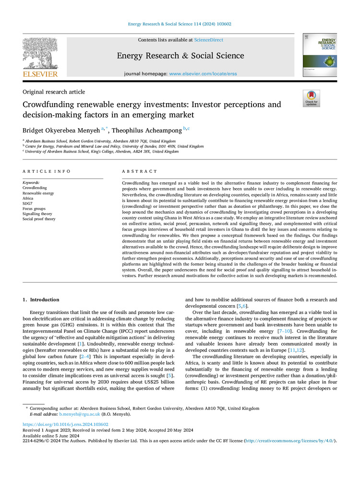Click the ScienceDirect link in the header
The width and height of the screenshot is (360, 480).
pyautogui.click(x=209, y=40)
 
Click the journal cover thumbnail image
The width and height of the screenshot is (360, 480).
pyautogui.click(x=320, y=56)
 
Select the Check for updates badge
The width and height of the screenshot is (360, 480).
pyautogui.click(x=311, y=98)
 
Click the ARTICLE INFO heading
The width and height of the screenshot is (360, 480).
pyautogui.click(x=47, y=171)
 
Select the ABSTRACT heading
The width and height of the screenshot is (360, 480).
pyautogui.click(x=139, y=171)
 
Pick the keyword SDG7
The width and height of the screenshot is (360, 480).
pyautogui.click(x=29, y=204)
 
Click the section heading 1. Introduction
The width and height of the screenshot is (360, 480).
pyautogui.click(x=42, y=300)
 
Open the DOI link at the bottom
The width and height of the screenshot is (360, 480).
pyautogui.click(x=66, y=424)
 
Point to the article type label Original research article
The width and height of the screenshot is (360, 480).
pyautogui.click(x=54, y=92)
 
